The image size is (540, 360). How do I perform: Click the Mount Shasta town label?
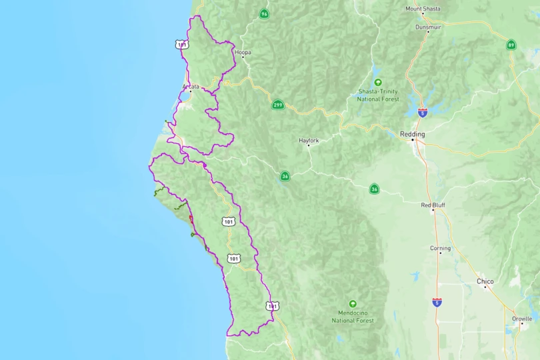[x=423, y=9]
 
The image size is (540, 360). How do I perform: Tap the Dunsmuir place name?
[x=429, y=27]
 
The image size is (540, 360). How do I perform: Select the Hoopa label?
[x=243, y=51]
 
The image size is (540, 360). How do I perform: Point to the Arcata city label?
[x=191, y=87]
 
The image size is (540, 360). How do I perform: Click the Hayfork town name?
[x=309, y=141]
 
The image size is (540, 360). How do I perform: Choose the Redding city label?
[x=412, y=134]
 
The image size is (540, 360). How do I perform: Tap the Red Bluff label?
[x=433, y=205]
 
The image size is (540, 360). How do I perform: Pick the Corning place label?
[x=440, y=248]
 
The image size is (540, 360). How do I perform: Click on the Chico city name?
[x=485, y=281]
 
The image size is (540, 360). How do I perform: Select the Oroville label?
[x=522, y=319]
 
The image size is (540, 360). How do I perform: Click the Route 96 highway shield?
[x=265, y=13]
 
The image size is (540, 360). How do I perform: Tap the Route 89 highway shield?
[x=511, y=45]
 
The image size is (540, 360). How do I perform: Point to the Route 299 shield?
[x=277, y=105]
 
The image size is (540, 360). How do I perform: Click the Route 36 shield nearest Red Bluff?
[x=374, y=189]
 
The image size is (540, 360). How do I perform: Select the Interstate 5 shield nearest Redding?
[x=423, y=113]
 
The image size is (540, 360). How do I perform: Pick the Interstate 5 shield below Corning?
[x=437, y=302]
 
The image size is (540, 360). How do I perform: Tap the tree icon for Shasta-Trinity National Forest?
[x=378, y=83]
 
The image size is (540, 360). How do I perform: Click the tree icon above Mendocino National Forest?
[x=353, y=303]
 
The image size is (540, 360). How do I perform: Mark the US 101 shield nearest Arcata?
[x=182, y=45]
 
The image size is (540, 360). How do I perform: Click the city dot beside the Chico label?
[x=485, y=288]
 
